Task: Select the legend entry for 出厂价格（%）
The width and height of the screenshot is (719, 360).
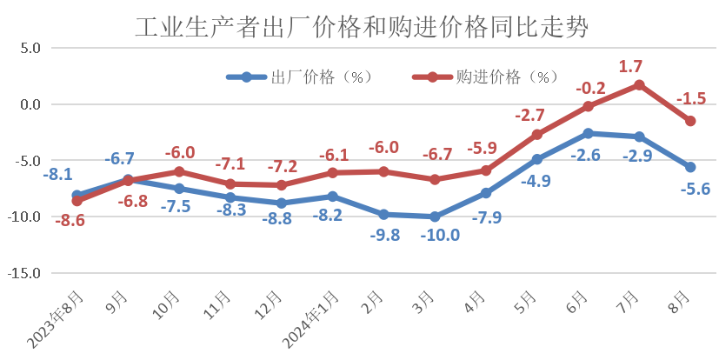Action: (x=300, y=77)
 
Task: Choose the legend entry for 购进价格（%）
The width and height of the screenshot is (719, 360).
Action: (x=486, y=77)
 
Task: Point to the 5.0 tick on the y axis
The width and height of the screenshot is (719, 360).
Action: (x=29, y=49)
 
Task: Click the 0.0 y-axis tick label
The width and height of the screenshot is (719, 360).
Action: (x=29, y=104)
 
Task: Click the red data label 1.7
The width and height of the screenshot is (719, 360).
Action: (x=630, y=66)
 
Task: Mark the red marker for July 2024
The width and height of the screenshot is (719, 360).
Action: (x=639, y=85)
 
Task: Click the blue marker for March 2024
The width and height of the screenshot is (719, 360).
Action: (x=435, y=217)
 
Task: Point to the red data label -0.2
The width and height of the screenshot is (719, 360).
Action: (x=590, y=88)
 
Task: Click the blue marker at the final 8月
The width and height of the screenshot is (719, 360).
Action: (x=690, y=167)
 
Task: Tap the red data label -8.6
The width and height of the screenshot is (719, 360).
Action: (x=70, y=221)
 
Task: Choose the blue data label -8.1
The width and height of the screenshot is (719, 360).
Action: (x=57, y=175)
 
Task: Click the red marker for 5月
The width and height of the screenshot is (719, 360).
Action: (x=537, y=135)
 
